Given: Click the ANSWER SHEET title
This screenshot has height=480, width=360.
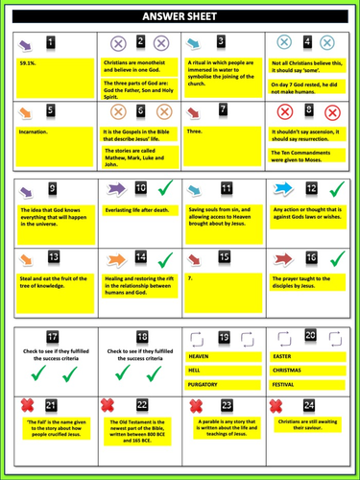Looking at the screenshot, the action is pos(180,17).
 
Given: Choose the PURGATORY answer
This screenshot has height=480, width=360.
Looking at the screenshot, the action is pos(208,384).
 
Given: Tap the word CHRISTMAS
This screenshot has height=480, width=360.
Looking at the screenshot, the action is pos(289,370).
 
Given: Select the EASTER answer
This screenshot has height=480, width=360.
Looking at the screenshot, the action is pos(283,355).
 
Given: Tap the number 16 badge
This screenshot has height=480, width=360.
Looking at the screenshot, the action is pos(310,259).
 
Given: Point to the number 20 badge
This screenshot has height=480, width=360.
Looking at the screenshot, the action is pos(311,336).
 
